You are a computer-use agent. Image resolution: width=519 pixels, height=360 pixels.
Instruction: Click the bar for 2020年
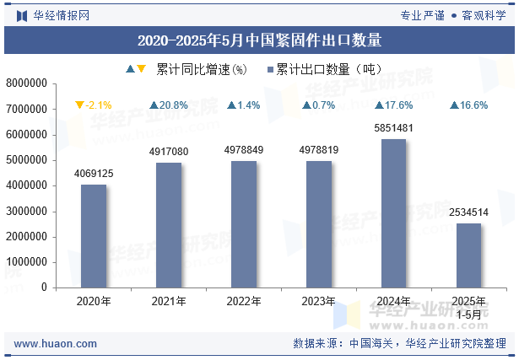(94, 235)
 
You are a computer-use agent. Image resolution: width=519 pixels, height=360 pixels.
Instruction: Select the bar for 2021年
(169, 224)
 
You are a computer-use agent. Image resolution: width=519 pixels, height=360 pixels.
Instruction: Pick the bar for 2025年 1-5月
(468, 255)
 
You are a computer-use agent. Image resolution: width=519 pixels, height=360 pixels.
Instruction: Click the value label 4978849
(244, 150)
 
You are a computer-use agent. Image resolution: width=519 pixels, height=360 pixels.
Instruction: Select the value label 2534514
(468, 212)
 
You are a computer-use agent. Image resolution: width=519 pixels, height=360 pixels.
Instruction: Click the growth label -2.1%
(94, 105)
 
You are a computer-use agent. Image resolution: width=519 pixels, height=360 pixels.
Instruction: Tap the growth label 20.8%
(169, 105)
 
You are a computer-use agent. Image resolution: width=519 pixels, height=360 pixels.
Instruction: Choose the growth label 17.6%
(393, 105)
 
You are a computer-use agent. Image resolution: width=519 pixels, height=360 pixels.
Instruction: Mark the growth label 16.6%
(468, 105)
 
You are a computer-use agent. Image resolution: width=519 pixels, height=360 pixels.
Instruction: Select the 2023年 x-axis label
(318, 301)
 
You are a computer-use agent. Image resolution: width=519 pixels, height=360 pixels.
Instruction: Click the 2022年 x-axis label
(244, 301)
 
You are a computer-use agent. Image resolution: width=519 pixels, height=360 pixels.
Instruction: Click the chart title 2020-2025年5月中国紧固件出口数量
(259, 39)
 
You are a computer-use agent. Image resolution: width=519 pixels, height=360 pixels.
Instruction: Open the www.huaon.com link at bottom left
(56, 343)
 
